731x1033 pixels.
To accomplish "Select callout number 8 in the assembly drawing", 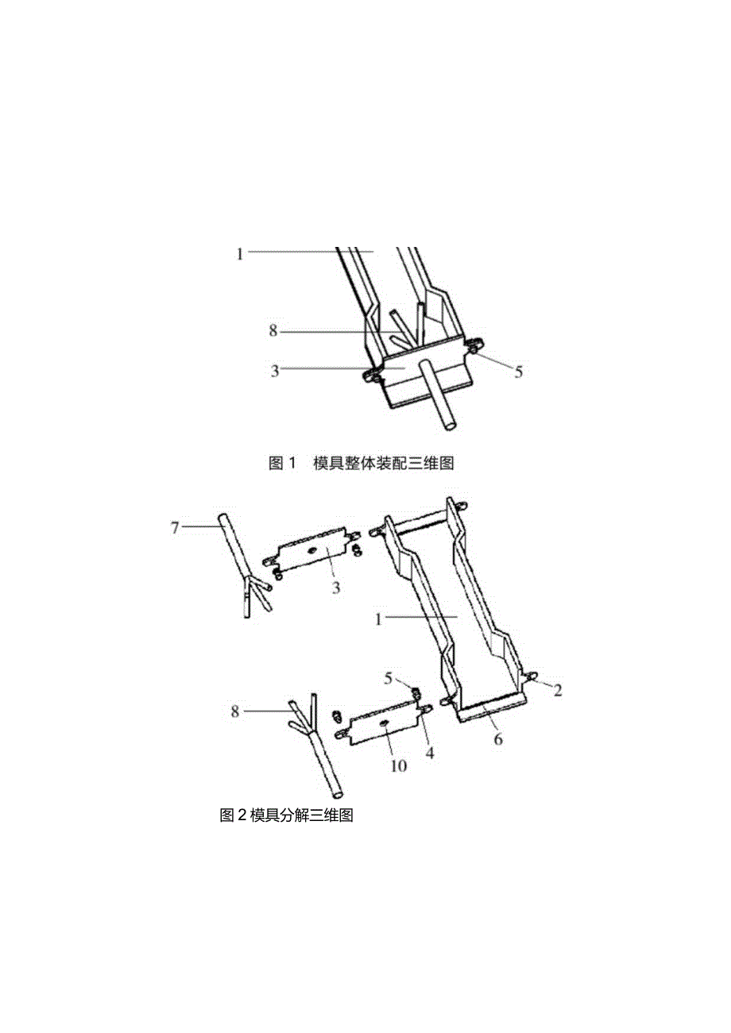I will click(x=273, y=331).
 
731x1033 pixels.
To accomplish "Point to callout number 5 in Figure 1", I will click(x=519, y=372).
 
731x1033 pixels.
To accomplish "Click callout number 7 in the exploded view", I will click(x=176, y=526).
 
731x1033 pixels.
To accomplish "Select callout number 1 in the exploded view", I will click(x=379, y=619).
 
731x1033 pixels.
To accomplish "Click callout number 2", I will click(x=558, y=690).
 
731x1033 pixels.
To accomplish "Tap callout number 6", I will click(x=498, y=738).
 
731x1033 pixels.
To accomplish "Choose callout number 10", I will click(x=398, y=765).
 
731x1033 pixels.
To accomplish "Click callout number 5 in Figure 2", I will click(x=389, y=678).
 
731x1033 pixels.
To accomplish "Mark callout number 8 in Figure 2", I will click(x=235, y=711).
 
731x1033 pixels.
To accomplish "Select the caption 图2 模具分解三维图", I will click(x=285, y=815).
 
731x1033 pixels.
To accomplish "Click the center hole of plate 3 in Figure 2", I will click(x=312, y=551).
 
